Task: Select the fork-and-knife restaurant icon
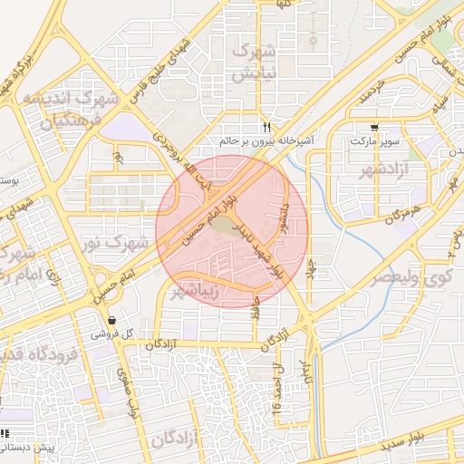(x=266, y=127)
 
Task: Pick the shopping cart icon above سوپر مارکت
(x=374, y=127)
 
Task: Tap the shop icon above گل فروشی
(x=111, y=320)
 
